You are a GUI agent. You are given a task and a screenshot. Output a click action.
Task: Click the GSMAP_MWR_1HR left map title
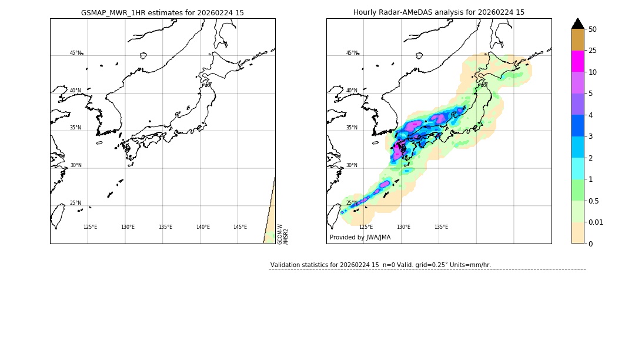pyautogui.click(x=162, y=12)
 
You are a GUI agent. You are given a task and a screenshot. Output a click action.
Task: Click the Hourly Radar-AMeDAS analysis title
pyautogui.click(x=439, y=12)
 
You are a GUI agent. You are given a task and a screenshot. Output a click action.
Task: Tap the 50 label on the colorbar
pyautogui.click(x=593, y=29)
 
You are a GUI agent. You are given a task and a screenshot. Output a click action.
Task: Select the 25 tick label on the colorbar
pyautogui.click(x=593, y=51)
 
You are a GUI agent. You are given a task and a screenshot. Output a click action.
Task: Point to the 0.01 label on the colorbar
pyautogui.click(x=596, y=222)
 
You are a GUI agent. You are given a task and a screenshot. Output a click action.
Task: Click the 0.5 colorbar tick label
pyautogui.click(x=594, y=201)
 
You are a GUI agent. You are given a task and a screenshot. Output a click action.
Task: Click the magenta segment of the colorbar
pyautogui.click(x=578, y=61)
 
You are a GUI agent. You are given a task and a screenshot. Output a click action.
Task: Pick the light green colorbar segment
pyautogui.click(x=578, y=190)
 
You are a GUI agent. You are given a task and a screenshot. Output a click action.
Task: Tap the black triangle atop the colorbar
pyautogui.click(x=578, y=24)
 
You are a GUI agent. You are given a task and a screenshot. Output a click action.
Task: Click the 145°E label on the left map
pyautogui.click(x=240, y=227)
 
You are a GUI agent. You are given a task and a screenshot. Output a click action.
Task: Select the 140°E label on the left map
pyautogui.click(x=203, y=227)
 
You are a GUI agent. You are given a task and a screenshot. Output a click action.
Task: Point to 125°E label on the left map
pyautogui.click(x=90, y=227)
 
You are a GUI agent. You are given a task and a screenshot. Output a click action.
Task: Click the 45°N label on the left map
pyautogui.click(x=75, y=53)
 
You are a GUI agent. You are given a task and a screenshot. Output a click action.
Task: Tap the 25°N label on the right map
pyautogui.click(x=352, y=204)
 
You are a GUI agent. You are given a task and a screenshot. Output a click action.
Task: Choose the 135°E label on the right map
pyautogui.click(x=441, y=227)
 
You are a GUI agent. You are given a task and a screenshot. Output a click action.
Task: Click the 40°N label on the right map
pyautogui.click(x=352, y=91)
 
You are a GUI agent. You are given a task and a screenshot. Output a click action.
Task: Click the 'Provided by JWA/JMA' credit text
pyautogui.click(x=360, y=238)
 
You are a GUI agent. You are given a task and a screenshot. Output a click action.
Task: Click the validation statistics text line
pyautogui.click(x=380, y=265)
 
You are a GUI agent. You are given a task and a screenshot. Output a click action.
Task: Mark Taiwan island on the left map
pyautogui.click(x=57, y=216)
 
